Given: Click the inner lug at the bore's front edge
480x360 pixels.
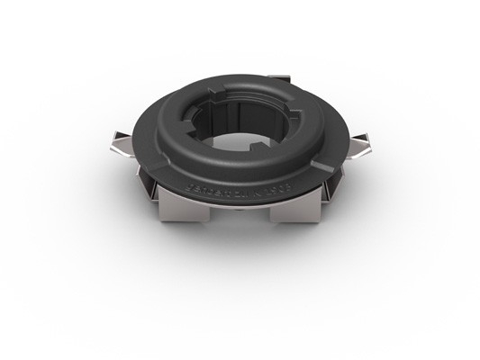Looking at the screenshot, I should [x=241, y=144].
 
